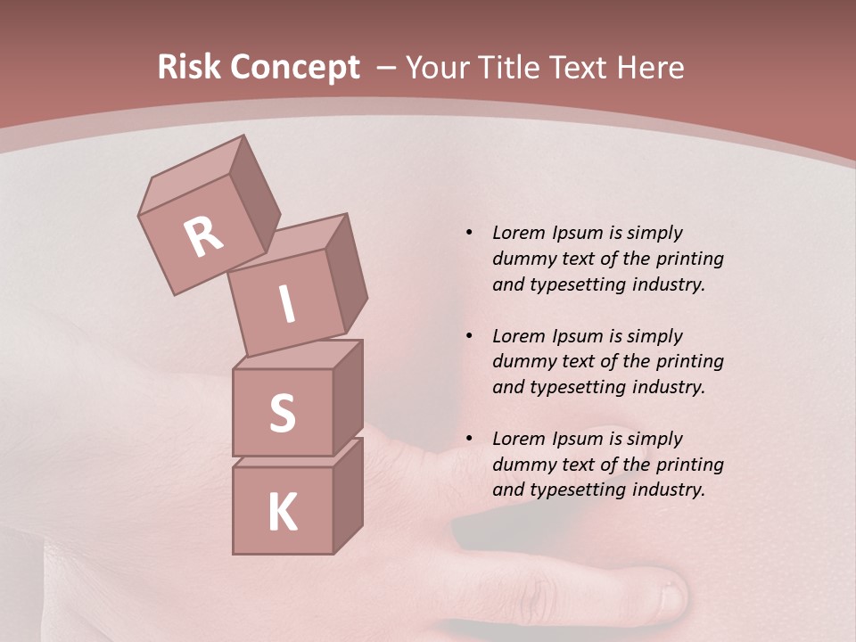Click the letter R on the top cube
click(203, 237)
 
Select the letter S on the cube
click(282, 414)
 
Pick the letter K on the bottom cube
click(282, 513)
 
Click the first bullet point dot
click(469, 233)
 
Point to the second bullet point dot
click(469, 336)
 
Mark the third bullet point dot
click(469, 439)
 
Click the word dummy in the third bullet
click(520, 465)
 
